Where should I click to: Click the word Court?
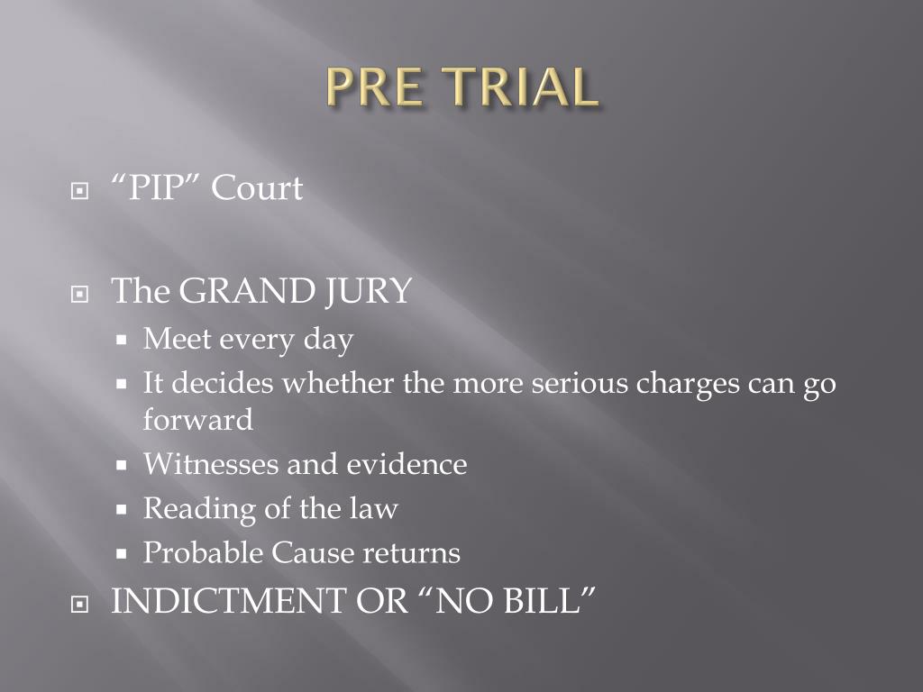pos(258,189)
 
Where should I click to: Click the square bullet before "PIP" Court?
pos(82,192)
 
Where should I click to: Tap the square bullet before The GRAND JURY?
pos(82,294)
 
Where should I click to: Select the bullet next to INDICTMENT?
pos(82,605)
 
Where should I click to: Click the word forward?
pos(197,420)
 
